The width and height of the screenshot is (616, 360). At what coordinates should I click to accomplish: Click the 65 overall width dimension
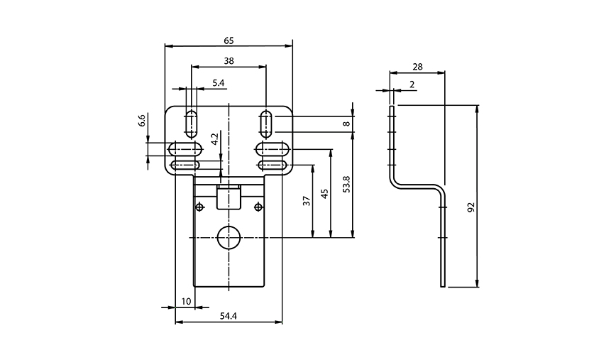[228, 40]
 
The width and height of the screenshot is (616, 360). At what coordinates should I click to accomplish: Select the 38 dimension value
[228, 61]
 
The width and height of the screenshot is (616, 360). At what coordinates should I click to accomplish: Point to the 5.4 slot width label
[219, 83]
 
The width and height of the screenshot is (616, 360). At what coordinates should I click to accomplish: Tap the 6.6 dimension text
[141, 120]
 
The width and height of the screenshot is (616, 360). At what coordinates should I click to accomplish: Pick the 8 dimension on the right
[346, 124]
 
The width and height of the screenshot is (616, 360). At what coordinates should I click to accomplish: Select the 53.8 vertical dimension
[346, 185]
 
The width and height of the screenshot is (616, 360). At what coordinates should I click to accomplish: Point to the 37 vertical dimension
[307, 201]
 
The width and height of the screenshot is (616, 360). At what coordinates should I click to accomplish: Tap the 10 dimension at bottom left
[186, 301]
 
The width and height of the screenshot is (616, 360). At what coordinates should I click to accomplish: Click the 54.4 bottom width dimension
[228, 315]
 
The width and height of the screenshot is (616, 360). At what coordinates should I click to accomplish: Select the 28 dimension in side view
[417, 67]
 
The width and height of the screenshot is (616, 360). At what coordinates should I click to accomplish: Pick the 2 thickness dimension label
[412, 84]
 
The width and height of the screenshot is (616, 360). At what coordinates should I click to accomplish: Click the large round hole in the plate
[229, 238]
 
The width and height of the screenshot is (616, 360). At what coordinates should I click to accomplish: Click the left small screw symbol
[200, 207]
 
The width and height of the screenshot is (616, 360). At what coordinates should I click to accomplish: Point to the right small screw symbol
[258, 207]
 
